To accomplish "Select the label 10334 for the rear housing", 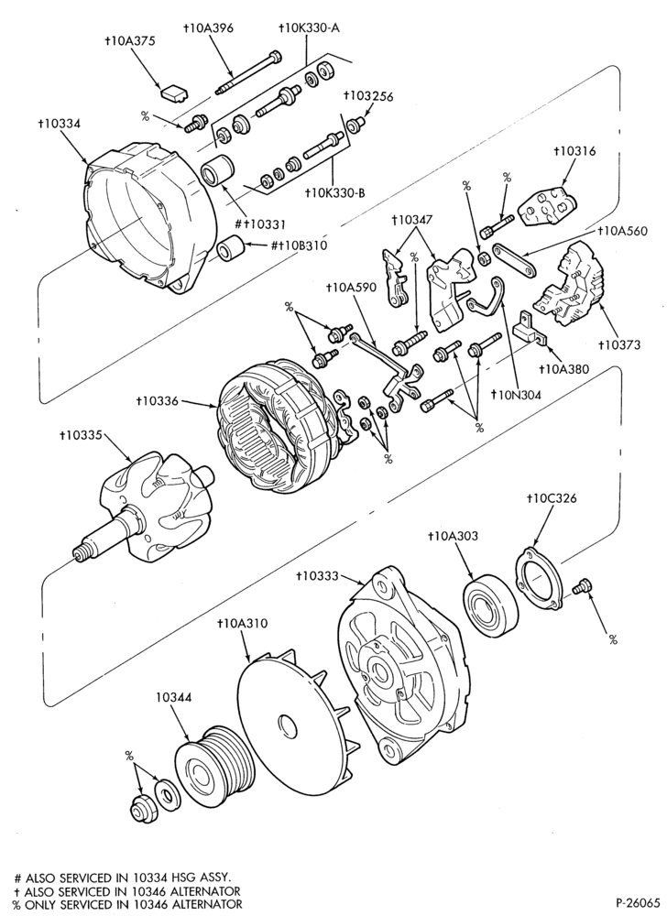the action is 59,124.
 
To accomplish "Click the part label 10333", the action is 317,576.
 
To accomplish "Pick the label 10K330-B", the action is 335,192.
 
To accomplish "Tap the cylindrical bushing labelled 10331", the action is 217,169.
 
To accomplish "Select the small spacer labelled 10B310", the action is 231,247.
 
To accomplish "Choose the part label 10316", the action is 574,152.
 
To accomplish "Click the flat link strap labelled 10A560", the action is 515,259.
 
